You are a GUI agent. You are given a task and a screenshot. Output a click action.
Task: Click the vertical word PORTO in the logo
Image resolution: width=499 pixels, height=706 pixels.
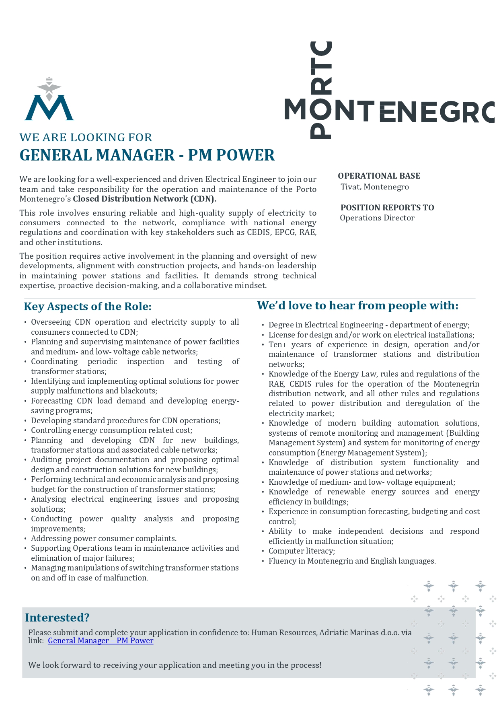click(x=321, y=90)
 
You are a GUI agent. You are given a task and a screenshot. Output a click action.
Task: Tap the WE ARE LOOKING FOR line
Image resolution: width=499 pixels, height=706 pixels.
click(x=86, y=138)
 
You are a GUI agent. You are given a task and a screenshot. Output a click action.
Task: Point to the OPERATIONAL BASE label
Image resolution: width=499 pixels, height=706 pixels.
click(x=379, y=176)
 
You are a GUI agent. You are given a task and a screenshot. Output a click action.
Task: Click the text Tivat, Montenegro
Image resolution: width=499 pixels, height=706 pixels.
click(x=374, y=187)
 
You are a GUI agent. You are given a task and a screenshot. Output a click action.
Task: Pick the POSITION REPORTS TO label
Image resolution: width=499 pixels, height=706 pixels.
click(x=387, y=208)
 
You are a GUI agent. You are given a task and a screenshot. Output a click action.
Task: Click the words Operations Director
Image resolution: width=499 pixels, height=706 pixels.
click(x=377, y=218)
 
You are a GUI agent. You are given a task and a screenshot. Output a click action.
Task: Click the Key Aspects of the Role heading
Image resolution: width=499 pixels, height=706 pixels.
click(x=88, y=307)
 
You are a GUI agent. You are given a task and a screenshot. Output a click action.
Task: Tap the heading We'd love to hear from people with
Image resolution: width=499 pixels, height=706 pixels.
click(x=357, y=306)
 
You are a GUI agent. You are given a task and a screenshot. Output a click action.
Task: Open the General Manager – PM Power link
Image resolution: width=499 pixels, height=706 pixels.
click(x=101, y=640)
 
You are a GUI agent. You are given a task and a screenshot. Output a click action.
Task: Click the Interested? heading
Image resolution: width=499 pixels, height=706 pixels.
click(x=57, y=617)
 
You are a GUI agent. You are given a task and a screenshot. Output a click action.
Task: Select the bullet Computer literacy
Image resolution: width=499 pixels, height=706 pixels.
click(x=302, y=551)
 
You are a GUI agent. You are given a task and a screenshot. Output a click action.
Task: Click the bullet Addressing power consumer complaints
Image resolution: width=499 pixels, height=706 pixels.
click(x=104, y=538)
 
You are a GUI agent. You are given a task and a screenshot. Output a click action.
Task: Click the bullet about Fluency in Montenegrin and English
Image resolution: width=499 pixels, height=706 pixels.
click(x=352, y=561)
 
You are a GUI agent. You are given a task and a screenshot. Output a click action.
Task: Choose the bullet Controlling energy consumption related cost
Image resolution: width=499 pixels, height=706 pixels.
click(x=111, y=430)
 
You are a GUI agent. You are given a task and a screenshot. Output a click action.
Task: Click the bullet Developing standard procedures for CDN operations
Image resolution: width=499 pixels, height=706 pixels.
click(x=125, y=420)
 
